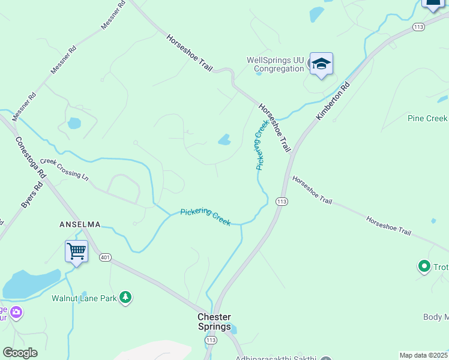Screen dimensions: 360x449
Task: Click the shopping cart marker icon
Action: [77, 251]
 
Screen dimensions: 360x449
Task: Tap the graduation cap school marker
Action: [321, 65]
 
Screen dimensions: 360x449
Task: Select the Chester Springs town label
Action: [214, 322]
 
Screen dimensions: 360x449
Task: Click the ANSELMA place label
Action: [79, 224]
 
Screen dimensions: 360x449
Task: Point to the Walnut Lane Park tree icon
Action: [125, 297]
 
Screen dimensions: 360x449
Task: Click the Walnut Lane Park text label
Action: [84, 298]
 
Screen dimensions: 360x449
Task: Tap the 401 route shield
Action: [106, 257]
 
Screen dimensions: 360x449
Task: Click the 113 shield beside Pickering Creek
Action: [281, 202]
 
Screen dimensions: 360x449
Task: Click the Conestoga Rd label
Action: [31, 155]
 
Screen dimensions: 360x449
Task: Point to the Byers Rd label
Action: [32, 195]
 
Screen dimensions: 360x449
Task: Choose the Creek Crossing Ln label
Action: [64, 170]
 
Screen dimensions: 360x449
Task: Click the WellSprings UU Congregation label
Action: [276, 64]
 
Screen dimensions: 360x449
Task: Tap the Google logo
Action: [20, 352]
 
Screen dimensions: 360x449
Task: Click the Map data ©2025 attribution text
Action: [423, 355]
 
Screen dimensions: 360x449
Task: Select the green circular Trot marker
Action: [424, 265]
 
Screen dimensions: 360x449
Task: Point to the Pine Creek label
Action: [427, 118]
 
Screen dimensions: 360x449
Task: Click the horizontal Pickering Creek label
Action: [206, 216]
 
